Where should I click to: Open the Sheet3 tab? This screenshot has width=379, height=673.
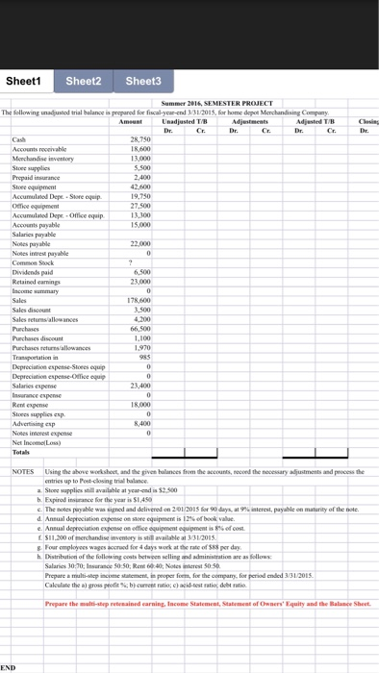pyautogui.click(x=144, y=81)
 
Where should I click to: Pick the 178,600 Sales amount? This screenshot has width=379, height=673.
pyautogui.click(x=139, y=273)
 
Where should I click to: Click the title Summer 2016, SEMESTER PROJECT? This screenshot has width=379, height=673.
pyautogui.click(x=218, y=102)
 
